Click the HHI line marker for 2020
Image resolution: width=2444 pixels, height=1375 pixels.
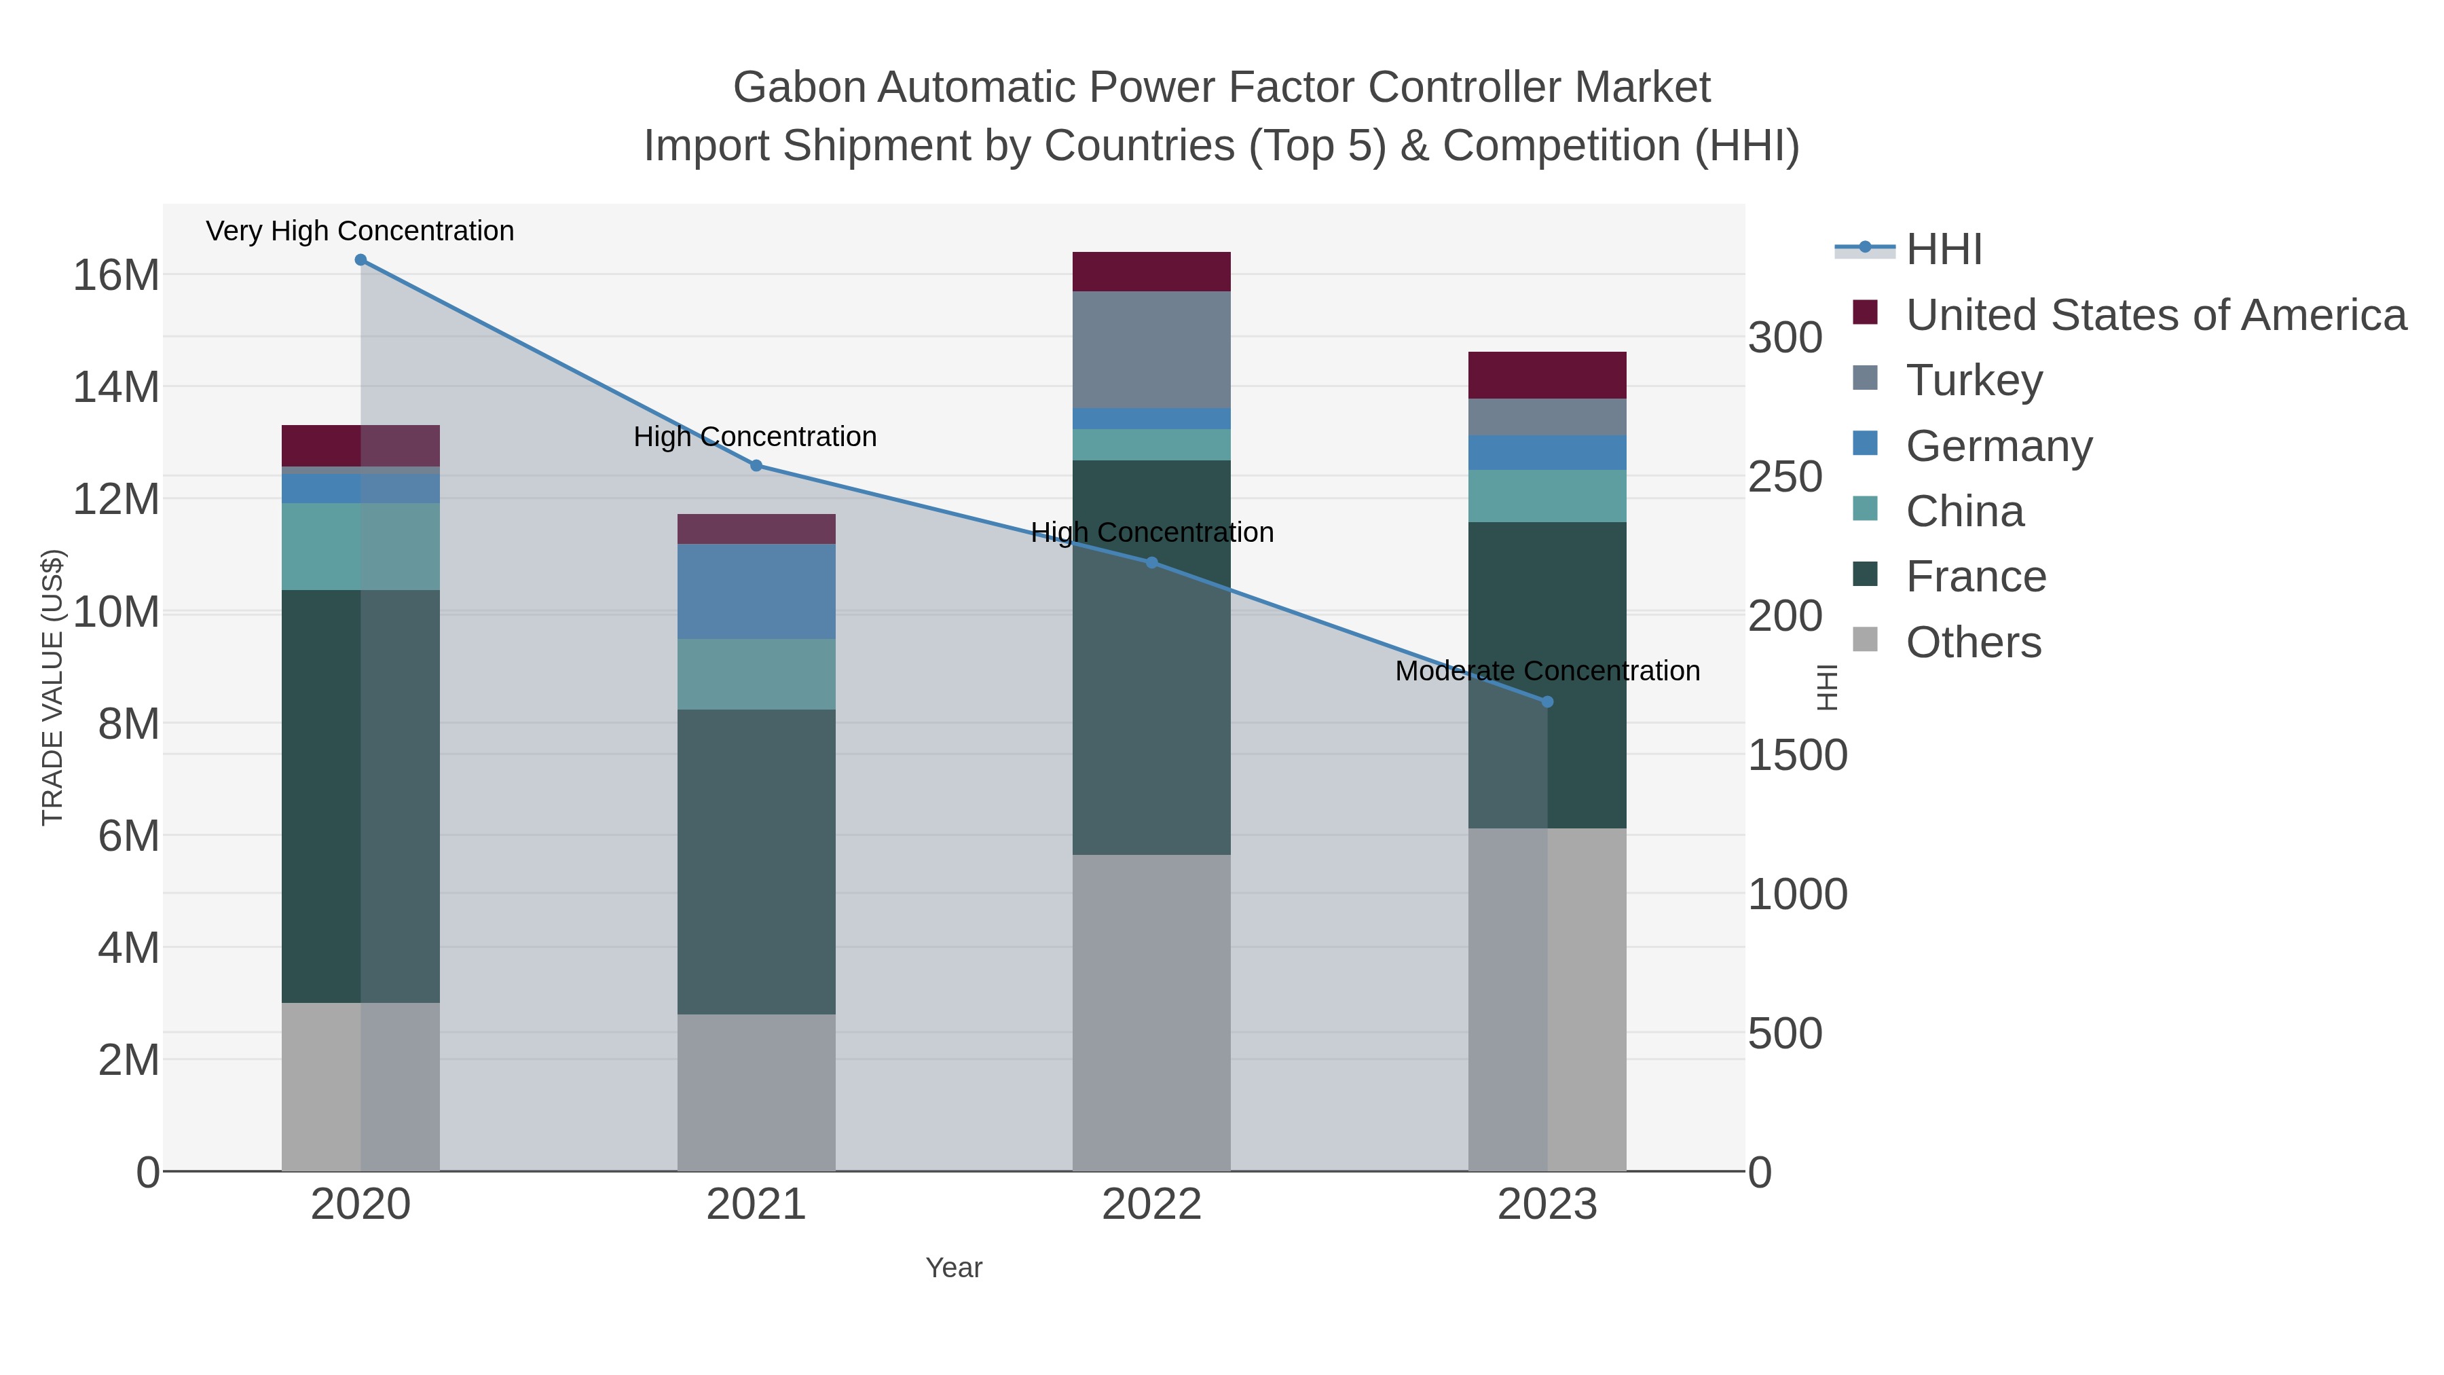pyautogui.click(x=360, y=260)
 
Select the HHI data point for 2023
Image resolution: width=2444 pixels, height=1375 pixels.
pyautogui.click(x=1547, y=702)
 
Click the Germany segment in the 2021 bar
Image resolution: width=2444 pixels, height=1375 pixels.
pyautogui.click(x=756, y=591)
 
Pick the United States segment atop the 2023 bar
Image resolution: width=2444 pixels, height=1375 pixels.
pyautogui.click(x=1547, y=375)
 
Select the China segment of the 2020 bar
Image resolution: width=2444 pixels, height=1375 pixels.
pyautogui.click(x=360, y=547)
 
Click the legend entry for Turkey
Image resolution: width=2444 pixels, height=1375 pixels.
pyautogui.click(x=1974, y=380)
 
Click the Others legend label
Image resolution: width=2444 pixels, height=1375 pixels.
pyautogui.click(x=1974, y=642)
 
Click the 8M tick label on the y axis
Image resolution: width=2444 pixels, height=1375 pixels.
pyautogui.click(x=128, y=724)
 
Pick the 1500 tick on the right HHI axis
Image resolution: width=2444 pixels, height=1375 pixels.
pyautogui.click(x=1797, y=755)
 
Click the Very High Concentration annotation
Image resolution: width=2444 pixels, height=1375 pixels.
pyautogui.click(x=360, y=231)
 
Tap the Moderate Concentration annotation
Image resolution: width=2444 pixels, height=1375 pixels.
pyautogui.click(x=1547, y=671)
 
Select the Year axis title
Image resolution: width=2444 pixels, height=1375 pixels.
pyautogui.click(x=954, y=1268)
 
